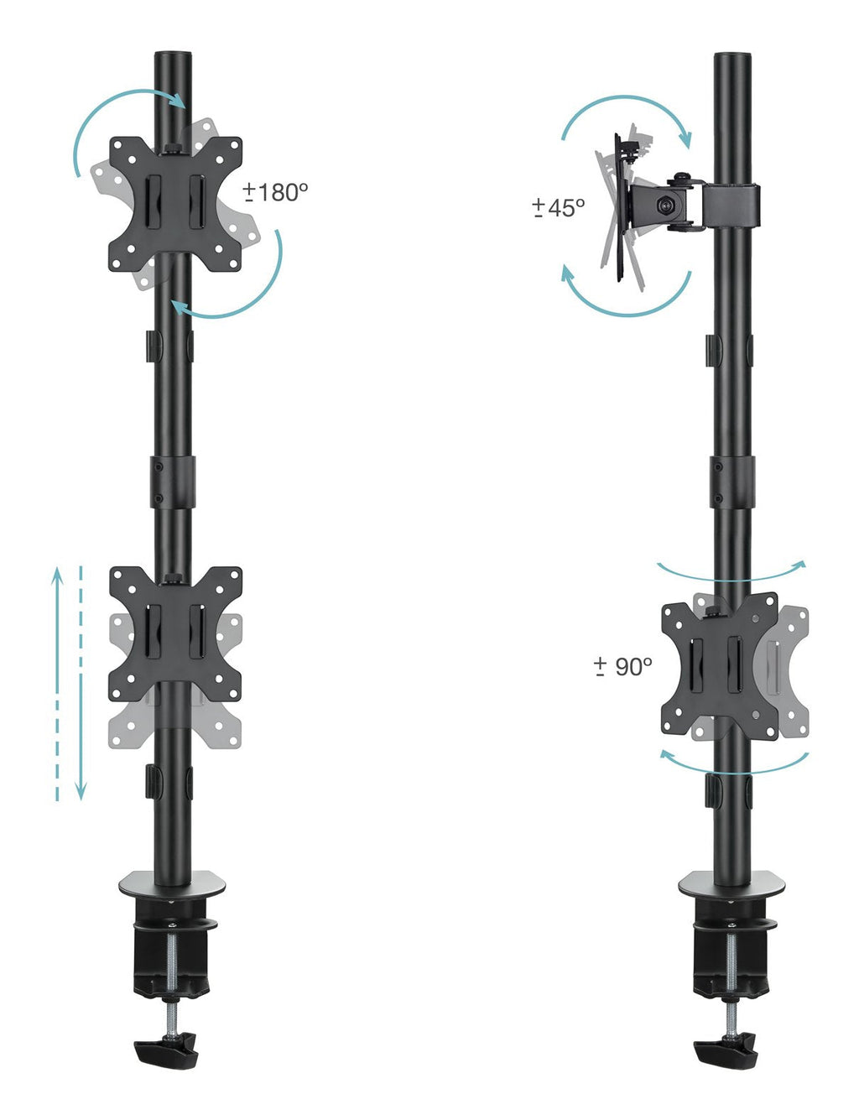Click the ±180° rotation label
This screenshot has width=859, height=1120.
pyautogui.click(x=275, y=192)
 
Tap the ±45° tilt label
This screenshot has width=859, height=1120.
pyautogui.click(x=559, y=208)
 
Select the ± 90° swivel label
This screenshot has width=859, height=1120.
pyautogui.click(x=622, y=666)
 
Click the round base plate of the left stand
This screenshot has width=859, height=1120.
pyautogui.click(x=172, y=884)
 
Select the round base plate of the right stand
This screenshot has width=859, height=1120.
pyautogui.click(x=731, y=884)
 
